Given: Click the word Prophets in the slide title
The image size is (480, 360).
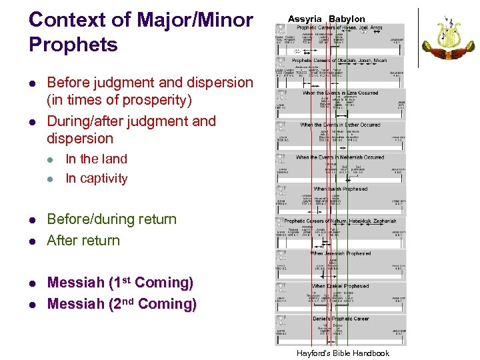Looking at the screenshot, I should [x=73, y=45].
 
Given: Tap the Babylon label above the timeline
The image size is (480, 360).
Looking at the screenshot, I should [x=347, y=19].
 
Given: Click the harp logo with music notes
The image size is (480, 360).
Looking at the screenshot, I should [x=449, y=39].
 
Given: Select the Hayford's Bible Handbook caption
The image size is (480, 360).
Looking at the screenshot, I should [x=343, y=353].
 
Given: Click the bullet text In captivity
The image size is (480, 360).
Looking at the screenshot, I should [x=96, y=178].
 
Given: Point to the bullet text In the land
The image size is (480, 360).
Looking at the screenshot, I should [x=96, y=159].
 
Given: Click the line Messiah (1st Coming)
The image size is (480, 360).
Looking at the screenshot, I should [x=120, y=282].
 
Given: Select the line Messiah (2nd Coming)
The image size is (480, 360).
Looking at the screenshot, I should [x=121, y=304].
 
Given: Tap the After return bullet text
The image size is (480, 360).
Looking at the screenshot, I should [x=83, y=240].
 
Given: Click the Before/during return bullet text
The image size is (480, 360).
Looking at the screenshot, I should [x=111, y=219].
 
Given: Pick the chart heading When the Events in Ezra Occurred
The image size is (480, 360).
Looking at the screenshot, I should [x=340, y=93].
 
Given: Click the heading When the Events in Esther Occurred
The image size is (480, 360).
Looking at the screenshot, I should [x=340, y=125].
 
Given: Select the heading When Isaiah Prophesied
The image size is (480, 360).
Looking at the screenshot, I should [x=340, y=189].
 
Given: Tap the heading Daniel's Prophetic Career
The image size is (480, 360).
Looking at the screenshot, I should [x=340, y=318].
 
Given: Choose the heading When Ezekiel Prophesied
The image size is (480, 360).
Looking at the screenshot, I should [x=340, y=286].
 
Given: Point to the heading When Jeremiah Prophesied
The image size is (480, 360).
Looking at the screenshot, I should [x=340, y=253].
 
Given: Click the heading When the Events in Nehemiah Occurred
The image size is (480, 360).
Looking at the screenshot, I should [x=340, y=157].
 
